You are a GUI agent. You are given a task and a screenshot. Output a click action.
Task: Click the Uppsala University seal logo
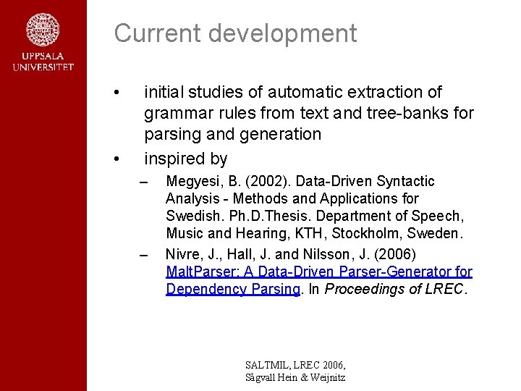[43, 31]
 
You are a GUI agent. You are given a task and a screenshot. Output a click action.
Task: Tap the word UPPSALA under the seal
[43, 57]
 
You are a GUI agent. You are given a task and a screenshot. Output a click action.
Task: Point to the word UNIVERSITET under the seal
[43, 67]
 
